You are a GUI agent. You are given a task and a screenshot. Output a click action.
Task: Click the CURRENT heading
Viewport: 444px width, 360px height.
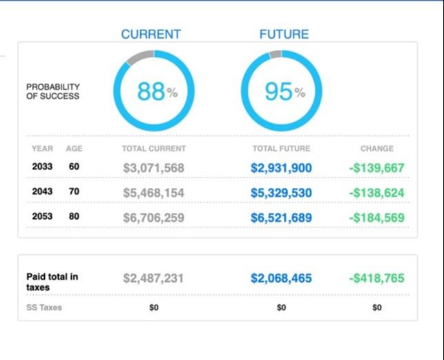[x=151, y=34]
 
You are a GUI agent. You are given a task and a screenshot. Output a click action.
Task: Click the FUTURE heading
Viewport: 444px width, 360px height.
[x=284, y=34]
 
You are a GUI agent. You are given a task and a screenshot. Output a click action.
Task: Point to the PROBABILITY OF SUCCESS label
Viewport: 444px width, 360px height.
[x=53, y=91]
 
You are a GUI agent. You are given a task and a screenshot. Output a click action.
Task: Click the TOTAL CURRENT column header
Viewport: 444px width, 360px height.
[x=153, y=149]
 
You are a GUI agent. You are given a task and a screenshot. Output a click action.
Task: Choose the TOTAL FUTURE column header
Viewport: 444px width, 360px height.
[x=281, y=149]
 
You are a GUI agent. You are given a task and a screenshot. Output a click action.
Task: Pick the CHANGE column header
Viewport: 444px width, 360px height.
[x=376, y=149]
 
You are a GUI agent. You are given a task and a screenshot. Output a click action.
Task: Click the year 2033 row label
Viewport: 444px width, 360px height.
[x=42, y=167]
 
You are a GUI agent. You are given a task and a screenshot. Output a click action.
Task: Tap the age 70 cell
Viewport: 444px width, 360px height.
[x=74, y=192]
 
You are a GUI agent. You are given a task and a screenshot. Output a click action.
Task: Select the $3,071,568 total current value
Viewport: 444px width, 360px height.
[x=153, y=168]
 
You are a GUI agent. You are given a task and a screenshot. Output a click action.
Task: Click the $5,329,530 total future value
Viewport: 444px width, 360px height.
[x=281, y=193]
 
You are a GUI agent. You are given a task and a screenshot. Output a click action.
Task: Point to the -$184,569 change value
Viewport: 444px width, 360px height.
[x=376, y=218]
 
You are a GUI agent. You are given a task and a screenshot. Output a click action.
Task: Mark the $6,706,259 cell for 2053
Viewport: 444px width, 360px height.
[x=153, y=218]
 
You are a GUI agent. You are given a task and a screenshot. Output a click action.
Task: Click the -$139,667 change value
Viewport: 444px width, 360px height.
[x=376, y=168]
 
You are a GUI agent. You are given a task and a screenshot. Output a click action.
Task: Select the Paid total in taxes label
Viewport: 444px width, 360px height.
[x=52, y=281]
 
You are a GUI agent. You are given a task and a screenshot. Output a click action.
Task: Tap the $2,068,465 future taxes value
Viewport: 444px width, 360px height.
[x=281, y=278]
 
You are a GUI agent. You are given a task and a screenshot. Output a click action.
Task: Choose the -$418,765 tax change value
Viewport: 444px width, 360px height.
[x=376, y=278]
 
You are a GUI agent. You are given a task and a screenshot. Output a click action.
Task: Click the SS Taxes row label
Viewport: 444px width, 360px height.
[x=44, y=307]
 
